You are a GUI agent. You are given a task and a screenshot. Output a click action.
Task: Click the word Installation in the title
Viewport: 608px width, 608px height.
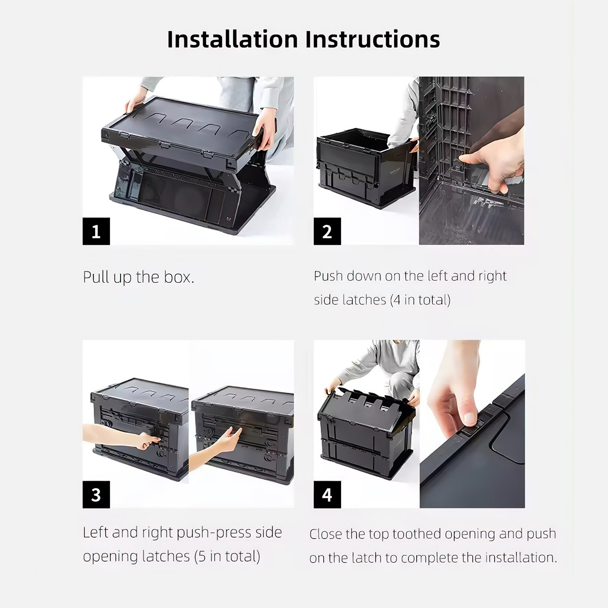[233, 40]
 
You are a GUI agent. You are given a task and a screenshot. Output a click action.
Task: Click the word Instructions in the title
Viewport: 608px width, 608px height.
[372, 40]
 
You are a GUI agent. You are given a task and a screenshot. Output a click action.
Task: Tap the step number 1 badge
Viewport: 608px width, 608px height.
[96, 231]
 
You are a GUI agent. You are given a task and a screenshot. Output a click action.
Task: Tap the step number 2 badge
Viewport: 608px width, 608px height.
[327, 231]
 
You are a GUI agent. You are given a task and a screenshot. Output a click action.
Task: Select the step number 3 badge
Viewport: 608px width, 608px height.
[96, 495]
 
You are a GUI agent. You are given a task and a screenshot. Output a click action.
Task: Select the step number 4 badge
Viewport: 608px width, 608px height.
[327, 495]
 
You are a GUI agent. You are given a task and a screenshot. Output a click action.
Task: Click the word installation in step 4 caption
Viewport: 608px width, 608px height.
[521, 558]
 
